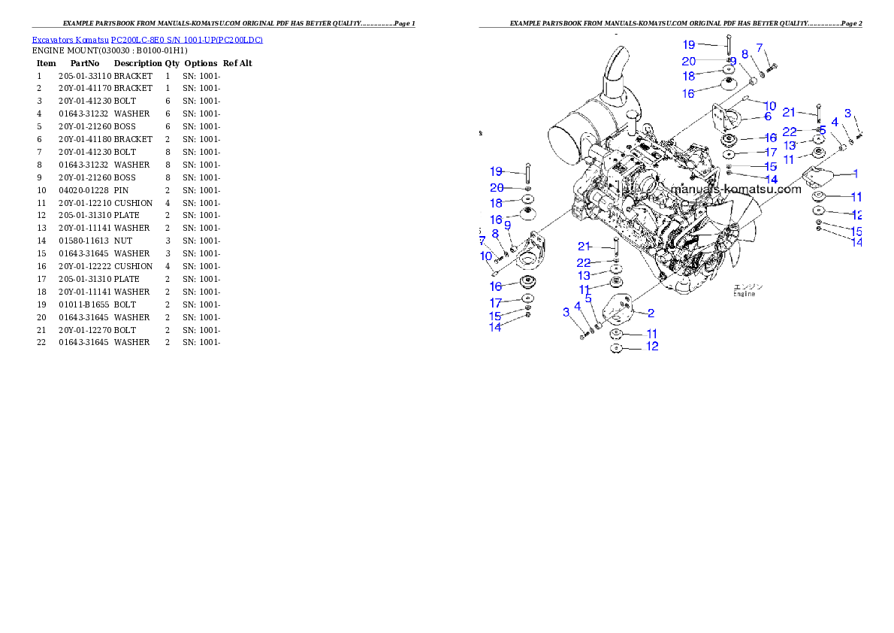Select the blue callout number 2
coord(651,313)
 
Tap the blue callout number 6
coord(768,117)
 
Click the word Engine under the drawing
coord(744,294)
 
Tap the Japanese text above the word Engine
coord(748,286)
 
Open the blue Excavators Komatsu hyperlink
coord(147,39)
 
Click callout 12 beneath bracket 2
coord(652,347)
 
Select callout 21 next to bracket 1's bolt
coord(789,112)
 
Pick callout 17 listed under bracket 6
coord(771,153)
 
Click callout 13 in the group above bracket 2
coord(584,276)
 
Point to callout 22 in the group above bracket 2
coord(584,262)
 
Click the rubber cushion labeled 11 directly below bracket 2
coord(615,334)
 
